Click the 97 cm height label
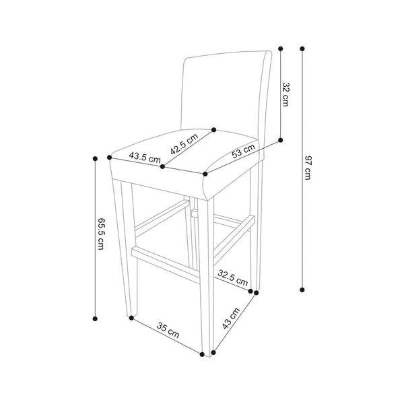(308, 168)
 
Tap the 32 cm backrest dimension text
(285, 94)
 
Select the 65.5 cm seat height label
(100, 234)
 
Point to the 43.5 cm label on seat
(145, 157)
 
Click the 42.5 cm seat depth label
(184, 144)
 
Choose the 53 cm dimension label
(244, 151)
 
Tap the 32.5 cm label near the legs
(233, 277)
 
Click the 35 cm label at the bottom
(168, 331)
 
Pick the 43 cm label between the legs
(231, 318)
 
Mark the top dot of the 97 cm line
(302, 48)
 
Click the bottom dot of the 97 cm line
(302, 290)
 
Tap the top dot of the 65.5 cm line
(95, 158)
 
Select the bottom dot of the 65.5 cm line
(95, 318)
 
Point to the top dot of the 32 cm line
(281, 48)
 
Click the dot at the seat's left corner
(110, 158)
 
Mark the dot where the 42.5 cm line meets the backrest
(213, 129)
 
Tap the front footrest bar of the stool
(166, 264)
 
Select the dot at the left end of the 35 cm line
(131, 318)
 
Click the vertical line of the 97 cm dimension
(302, 169)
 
